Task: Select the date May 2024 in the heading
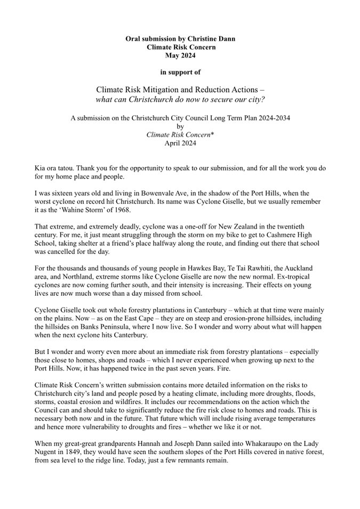click(180, 55)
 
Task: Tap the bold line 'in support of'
click(180, 71)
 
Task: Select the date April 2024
click(180, 143)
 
